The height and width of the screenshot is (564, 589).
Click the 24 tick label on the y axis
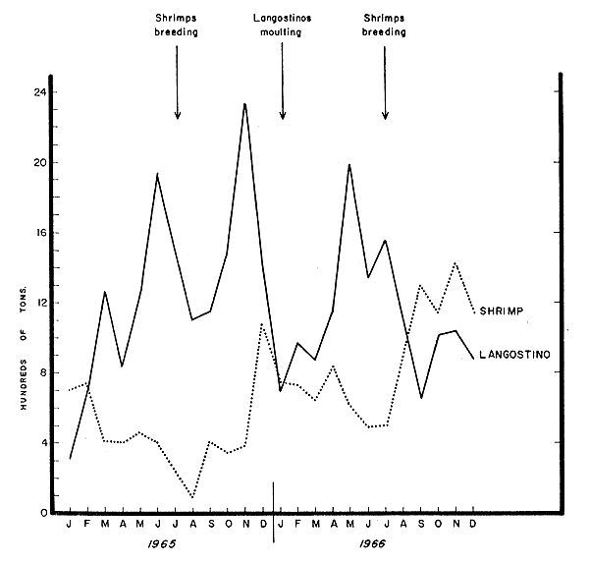(40, 92)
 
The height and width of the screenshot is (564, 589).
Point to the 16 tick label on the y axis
(40, 233)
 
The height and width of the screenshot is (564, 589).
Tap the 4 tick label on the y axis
(42, 443)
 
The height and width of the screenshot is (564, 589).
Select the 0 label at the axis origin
(42, 513)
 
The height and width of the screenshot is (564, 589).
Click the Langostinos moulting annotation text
(282, 27)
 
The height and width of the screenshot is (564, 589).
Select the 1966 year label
(371, 542)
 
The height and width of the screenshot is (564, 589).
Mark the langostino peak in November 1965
(244, 103)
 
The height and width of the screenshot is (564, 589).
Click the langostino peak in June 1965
(157, 174)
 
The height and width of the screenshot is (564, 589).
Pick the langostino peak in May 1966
(349, 165)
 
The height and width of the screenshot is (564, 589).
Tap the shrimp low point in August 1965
(192, 497)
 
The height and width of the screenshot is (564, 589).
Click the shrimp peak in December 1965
(262, 324)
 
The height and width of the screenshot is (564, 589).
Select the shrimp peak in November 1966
(455, 263)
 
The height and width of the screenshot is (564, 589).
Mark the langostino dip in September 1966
(420, 398)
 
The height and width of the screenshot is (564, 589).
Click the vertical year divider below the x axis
(273, 498)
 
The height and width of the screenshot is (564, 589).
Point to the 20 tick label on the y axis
(40, 163)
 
